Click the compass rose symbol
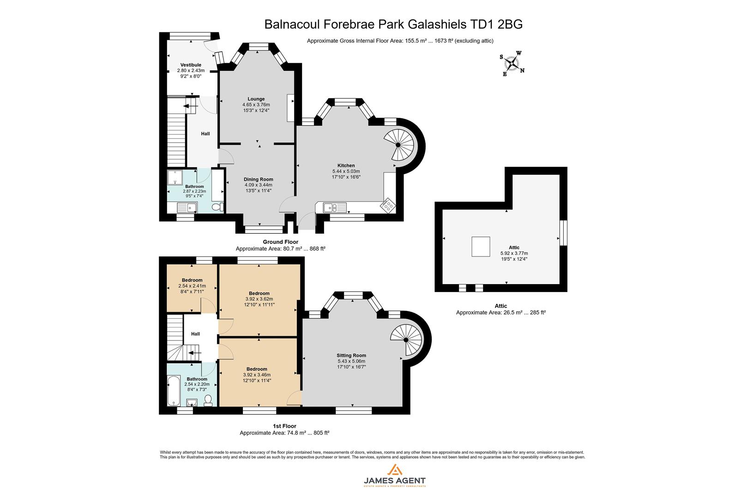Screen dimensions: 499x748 [512, 64]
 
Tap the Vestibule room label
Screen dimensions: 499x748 [191, 65]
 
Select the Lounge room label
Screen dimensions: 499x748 [256, 99]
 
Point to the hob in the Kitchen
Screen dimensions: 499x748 [387, 205]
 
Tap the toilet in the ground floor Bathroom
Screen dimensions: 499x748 [217, 208]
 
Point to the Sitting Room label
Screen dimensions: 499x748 [351, 355]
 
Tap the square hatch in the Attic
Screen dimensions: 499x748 [481, 246]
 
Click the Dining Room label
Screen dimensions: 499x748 [259, 179]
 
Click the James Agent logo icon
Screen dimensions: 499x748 [394, 470]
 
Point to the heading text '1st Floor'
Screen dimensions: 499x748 [284, 426]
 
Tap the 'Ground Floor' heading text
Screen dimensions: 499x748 [280, 242]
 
